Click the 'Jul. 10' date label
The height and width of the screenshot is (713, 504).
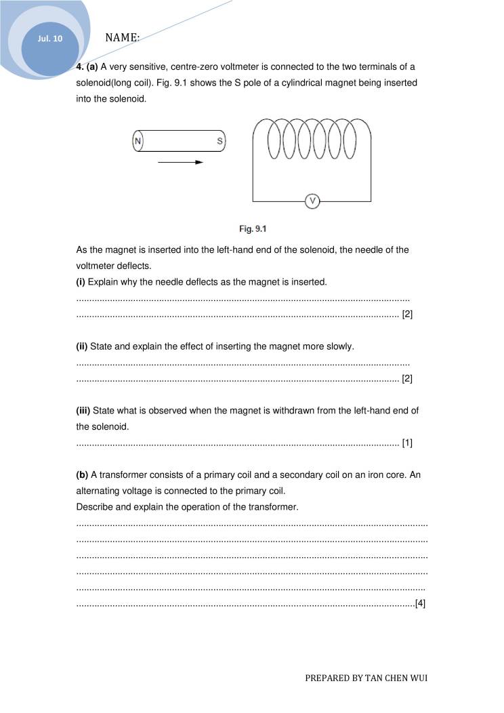(x=50, y=39)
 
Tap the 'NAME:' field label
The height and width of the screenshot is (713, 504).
(x=123, y=38)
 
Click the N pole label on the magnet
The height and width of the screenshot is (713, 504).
(x=138, y=141)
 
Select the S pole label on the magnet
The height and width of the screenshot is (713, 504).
(x=219, y=141)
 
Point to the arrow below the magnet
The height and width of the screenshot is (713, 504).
(x=180, y=163)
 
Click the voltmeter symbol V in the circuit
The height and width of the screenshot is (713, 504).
(x=312, y=201)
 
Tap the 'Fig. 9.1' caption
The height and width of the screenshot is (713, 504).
(x=252, y=228)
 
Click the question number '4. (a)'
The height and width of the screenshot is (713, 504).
(x=87, y=66)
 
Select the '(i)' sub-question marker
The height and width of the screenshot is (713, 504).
(x=81, y=281)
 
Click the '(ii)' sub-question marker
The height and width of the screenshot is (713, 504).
(x=82, y=346)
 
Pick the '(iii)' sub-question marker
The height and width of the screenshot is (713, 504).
(x=83, y=410)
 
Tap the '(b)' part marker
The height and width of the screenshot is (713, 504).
(x=82, y=474)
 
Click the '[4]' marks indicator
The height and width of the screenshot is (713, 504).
(x=420, y=603)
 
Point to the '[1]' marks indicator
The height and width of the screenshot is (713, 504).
(x=407, y=443)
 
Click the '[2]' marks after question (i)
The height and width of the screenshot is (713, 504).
(x=407, y=314)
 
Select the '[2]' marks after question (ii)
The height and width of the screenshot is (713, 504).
(x=407, y=379)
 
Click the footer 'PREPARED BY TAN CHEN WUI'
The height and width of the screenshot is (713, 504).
(x=366, y=678)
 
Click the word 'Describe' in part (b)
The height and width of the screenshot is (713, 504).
(x=94, y=507)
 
